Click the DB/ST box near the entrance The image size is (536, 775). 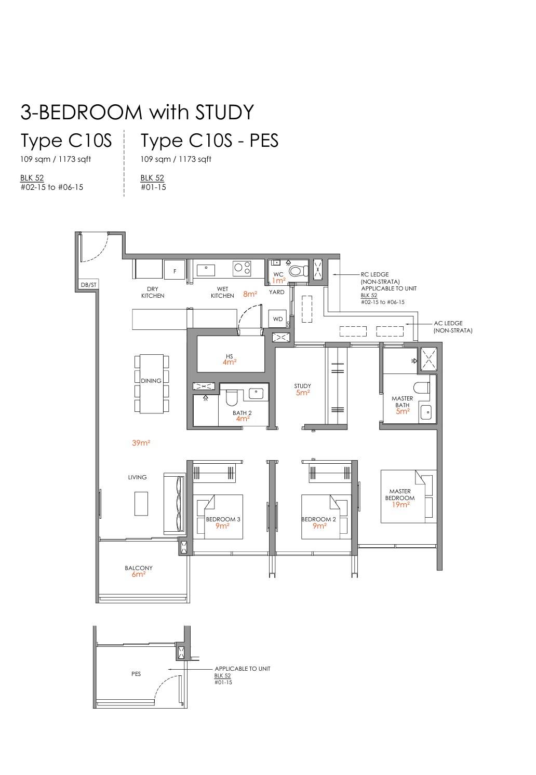[x=89, y=285]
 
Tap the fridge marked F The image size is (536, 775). [x=175, y=271]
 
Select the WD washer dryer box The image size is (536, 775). [x=278, y=319]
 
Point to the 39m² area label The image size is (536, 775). [x=141, y=443]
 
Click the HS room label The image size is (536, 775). [x=230, y=356]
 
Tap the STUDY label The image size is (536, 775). [x=302, y=386]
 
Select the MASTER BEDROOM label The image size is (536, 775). [x=400, y=494]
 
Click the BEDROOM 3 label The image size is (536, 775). [x=223, y=519]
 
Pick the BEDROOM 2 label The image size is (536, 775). [x=319, y=519]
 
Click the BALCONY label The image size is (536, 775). [x=139, y=568]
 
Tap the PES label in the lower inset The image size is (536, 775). [x=136, y=674]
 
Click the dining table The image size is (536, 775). [x=152, y=384]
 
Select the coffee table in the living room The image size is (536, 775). [x=141, y=503]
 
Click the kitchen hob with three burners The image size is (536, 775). [x=242, y=269]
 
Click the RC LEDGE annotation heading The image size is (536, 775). [x=374, y=274]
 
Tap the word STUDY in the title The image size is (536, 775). [x=224, y=112]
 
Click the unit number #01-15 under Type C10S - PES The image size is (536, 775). [x=153, y=187]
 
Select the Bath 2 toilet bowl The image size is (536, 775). [x=231, y=398]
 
